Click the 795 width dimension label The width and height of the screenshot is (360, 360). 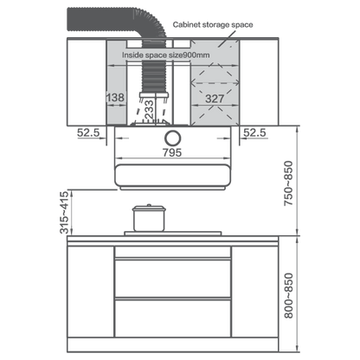172,152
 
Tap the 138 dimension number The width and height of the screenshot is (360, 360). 116,98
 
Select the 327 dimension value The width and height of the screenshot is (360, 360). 215,99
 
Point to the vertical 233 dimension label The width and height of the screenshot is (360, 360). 149,109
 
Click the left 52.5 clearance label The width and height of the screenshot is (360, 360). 88,132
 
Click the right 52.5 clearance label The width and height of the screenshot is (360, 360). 254,132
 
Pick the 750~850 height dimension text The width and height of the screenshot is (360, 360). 288,183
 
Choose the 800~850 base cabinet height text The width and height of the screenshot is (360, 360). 288,296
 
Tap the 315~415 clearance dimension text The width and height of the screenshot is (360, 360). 64,212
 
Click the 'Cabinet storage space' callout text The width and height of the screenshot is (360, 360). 213,25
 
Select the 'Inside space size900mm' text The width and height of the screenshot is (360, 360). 166,55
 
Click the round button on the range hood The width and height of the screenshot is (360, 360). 173,138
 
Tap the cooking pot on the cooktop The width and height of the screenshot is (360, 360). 149,218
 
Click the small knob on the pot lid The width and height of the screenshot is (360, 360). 149,205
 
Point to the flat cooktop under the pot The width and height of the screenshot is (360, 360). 173,233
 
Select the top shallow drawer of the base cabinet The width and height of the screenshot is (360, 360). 173,252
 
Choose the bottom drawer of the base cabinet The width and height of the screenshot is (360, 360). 173,318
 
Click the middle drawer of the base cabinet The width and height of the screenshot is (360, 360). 173,278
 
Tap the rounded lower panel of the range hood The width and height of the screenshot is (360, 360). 173,175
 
